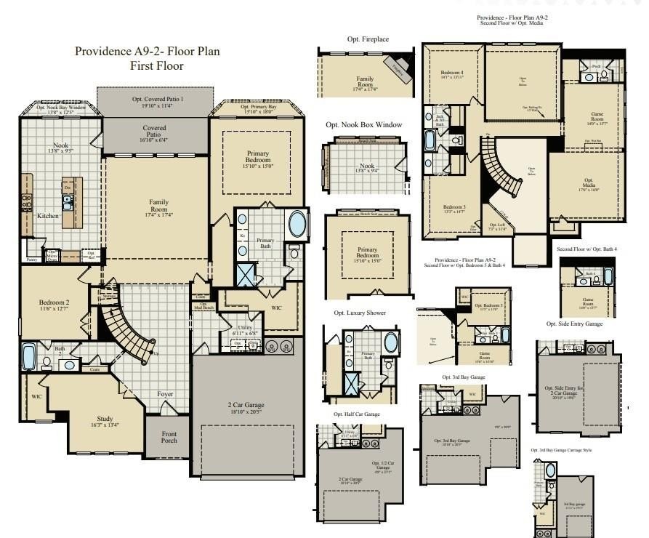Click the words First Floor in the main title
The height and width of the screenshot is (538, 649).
coord(156,66)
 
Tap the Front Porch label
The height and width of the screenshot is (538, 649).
coord(169,436)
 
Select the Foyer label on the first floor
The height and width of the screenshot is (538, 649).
coord(166,394)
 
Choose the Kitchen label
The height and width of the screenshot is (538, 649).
coord(48,216)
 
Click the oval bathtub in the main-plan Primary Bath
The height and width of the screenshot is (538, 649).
coord(298,223)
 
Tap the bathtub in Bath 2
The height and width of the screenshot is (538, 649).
coord(29,358)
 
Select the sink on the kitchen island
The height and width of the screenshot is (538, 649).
coord(67,204)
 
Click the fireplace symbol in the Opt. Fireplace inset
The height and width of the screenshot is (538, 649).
coord(397,67)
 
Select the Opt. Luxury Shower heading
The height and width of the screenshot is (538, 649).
coord(360,313)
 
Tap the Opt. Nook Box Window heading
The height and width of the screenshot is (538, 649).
coord(363,125)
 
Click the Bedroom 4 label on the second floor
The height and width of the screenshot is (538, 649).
coord(451,73)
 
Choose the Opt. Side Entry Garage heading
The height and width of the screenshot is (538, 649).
coord(574,324)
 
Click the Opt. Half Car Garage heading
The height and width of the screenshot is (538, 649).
coord(357,414)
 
